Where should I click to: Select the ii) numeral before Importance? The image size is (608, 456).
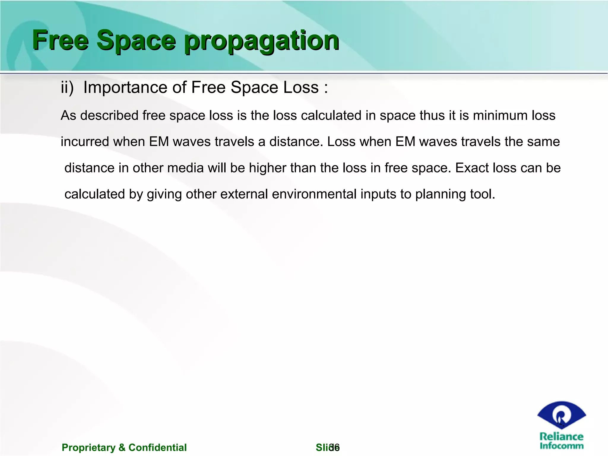[x=67, y=88]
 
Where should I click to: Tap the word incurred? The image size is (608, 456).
[x=85, y=142]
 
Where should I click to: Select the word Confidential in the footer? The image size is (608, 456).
[x=157, y=447]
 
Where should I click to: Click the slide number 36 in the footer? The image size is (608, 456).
[x=335, y=447]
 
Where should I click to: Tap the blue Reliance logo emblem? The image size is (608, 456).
[x=561, y=415]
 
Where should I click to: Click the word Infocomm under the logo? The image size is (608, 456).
[x=561, y=446]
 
